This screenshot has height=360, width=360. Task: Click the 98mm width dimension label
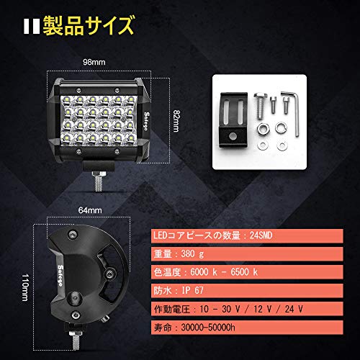(94, 62)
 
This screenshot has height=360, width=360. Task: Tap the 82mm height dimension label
(176, 121)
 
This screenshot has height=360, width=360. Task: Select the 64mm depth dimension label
(90, 210)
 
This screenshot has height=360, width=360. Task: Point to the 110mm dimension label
(25, 287)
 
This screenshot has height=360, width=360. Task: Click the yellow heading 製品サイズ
(88, 25)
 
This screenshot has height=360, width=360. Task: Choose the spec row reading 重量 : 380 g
(247, 253)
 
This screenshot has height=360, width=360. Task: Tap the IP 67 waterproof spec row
(247, 290)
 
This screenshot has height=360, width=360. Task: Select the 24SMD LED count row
(247, 235)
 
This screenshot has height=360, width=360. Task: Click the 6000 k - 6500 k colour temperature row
(247, 272)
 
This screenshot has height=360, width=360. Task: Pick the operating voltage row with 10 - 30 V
(247, 309)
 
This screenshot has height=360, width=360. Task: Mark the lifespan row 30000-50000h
(247, 328)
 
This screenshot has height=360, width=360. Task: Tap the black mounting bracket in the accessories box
(233, 120)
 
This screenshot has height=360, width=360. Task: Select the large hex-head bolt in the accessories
(261, 106)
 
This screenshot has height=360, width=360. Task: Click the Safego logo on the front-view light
(146, 121)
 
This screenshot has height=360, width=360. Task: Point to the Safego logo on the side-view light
(60, 275)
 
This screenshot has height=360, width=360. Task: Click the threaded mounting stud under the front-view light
(99, 181)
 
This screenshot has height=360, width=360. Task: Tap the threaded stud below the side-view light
(76, 340)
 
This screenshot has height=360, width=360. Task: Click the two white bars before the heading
(32, 26)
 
